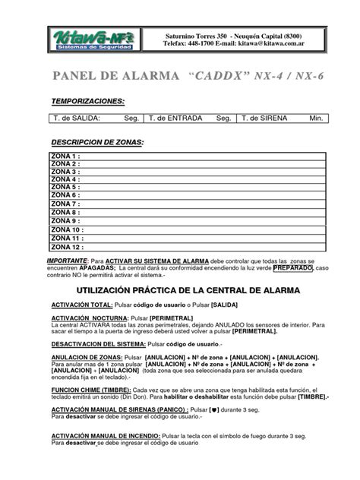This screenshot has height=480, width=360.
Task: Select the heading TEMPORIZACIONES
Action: [x=88, y=101]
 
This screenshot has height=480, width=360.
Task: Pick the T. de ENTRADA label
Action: [x=176, y=118]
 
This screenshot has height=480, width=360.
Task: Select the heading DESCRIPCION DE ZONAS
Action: [x=96, y=143]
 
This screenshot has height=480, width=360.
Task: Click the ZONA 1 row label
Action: [x=64, y=156]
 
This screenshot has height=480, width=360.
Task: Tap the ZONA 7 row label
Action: [x=64, y=204]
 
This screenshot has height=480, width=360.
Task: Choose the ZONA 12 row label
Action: [x=66, y=246]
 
